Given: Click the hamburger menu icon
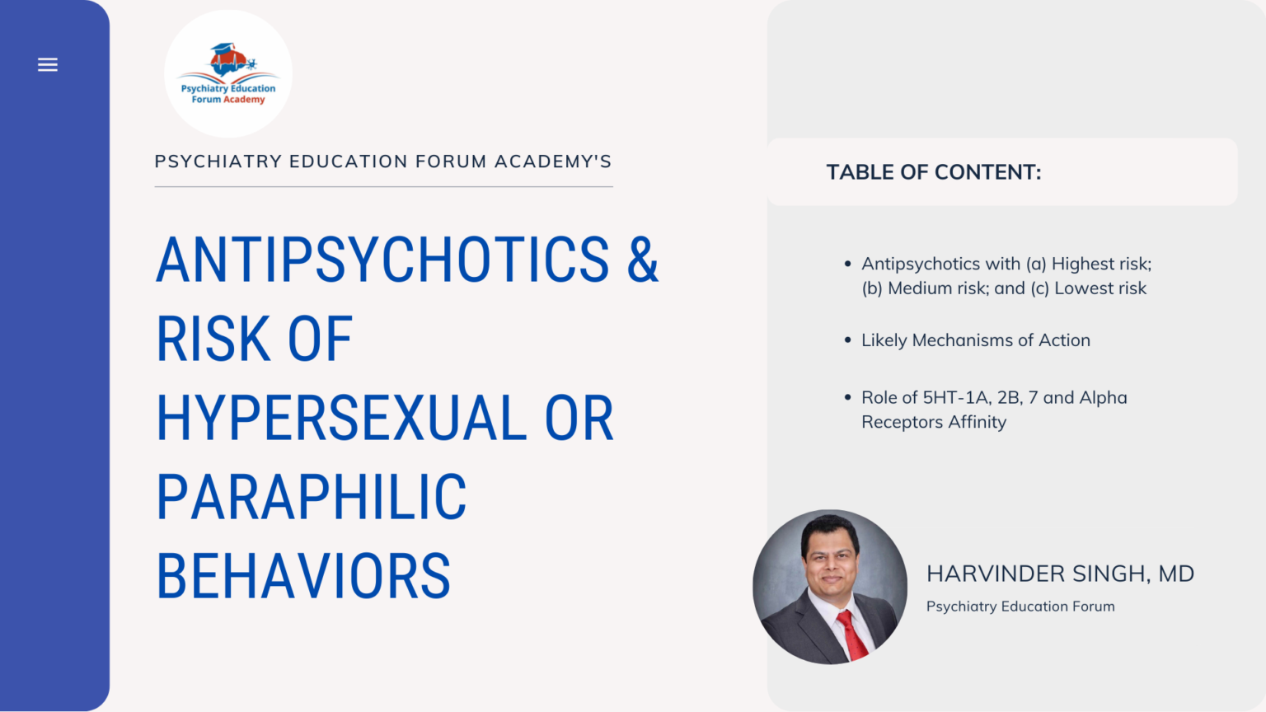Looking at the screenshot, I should coord(48,64).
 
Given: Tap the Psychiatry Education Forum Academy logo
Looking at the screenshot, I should coord(228,73).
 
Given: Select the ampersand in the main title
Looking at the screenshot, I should coord(643,260).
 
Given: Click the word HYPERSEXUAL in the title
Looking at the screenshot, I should coord(341,419).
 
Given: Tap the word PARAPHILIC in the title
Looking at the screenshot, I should coord(312,498).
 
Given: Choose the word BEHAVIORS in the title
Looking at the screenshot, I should coord(303,577).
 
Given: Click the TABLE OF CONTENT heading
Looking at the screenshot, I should coord(934,172).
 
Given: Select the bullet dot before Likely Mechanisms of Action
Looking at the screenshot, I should coord(847,340).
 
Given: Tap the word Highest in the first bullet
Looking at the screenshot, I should coord(1080,264).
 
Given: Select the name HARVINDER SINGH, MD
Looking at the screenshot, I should coord(1060,574).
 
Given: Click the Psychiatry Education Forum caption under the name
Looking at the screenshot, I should coord(1020,607).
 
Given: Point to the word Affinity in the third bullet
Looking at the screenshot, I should coord(977,422).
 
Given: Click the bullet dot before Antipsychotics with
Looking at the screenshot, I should coord(847,264).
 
